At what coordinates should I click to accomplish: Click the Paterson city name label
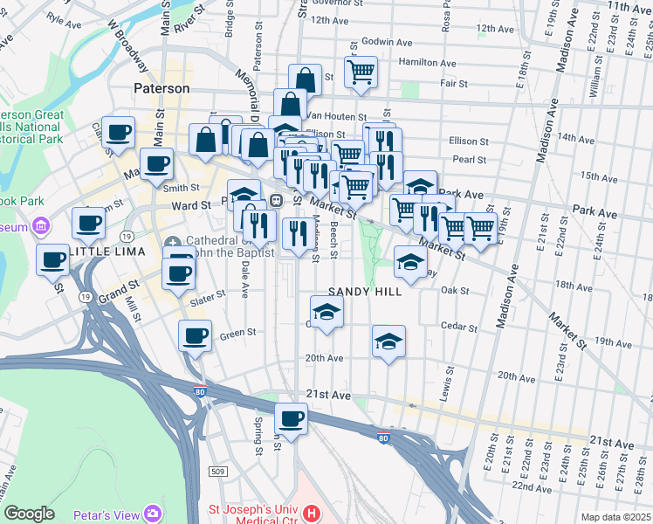[162, 88]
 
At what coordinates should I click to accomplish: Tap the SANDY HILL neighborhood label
[365, 292]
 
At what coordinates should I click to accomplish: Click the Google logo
[29, 514]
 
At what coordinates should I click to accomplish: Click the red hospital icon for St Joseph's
[313, 513]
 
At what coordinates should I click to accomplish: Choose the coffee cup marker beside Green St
[195, 335]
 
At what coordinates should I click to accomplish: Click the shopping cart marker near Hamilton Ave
[360, 72]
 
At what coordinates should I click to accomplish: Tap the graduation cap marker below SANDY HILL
[326, 312]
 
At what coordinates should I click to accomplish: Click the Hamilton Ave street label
[427, 63]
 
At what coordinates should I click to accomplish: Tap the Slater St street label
[207, 296]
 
